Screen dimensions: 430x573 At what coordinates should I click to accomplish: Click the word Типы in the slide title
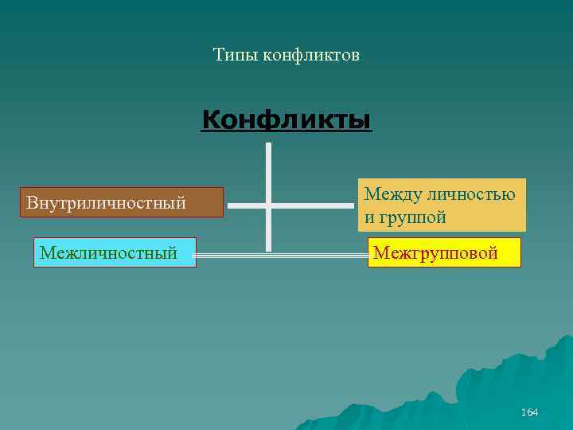(x=232, y=55)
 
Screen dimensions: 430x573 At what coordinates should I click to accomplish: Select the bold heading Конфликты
(x=286, y=120)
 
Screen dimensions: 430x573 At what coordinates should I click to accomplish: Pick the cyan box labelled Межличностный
(x=115, y=252)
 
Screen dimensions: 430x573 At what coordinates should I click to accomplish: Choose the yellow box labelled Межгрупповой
(x=444, y=252)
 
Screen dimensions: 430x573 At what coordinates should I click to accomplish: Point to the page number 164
(x=529, y=412)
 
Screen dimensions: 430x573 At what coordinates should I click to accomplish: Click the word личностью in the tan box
(x=471, y=193)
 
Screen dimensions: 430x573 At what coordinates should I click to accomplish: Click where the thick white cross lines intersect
(x=268, y=205)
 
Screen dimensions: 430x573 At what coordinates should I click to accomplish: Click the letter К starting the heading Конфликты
(x=211, y=120)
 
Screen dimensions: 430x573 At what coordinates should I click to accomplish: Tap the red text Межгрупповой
(x=435, y=253)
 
